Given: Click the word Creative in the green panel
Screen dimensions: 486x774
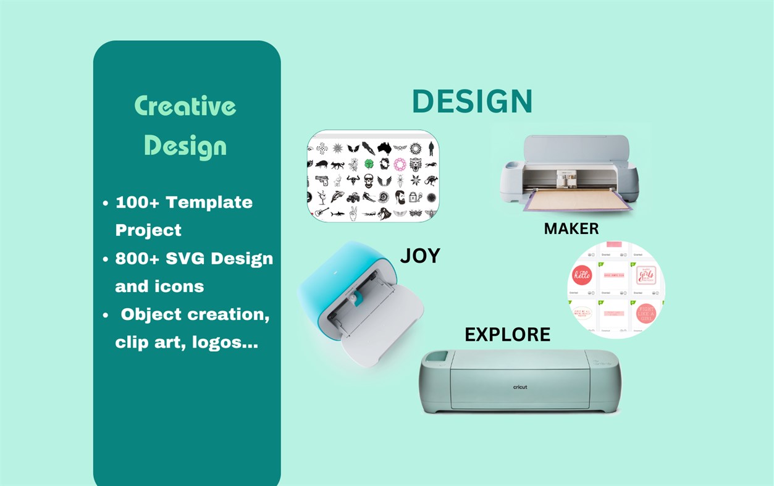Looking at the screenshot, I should click(185, 106).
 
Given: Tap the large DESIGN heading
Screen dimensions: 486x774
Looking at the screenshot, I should click(472, 102).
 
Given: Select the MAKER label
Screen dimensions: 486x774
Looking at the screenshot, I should click(571, 229).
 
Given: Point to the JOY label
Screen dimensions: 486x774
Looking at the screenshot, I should click(420, 256).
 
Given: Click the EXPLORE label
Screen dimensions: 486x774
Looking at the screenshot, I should click(507, 335).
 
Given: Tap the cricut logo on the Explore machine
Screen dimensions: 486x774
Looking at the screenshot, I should click(520, 387).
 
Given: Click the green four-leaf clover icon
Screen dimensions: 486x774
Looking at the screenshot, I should click(369, 164).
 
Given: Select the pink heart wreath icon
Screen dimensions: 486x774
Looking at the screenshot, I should click(399, 164).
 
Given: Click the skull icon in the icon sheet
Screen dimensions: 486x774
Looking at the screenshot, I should click(368, 181).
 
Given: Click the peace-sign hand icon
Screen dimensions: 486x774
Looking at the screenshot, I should click(353, 214).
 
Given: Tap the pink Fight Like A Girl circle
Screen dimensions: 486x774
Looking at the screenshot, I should click(646, 314).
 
